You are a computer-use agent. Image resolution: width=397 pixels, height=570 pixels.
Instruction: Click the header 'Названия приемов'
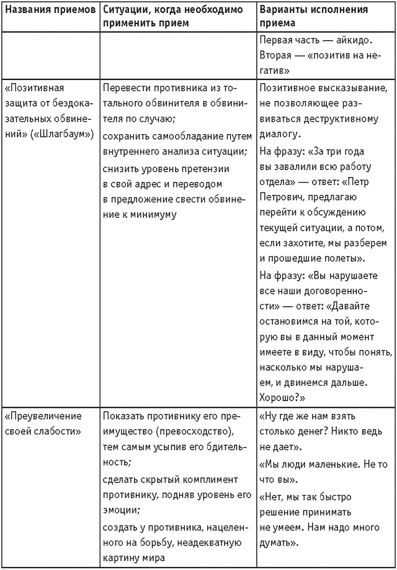[49, 11]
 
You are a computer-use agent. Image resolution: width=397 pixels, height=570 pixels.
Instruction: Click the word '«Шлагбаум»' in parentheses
[72, 134]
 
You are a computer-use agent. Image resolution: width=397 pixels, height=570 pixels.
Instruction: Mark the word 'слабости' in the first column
[53, 432]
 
